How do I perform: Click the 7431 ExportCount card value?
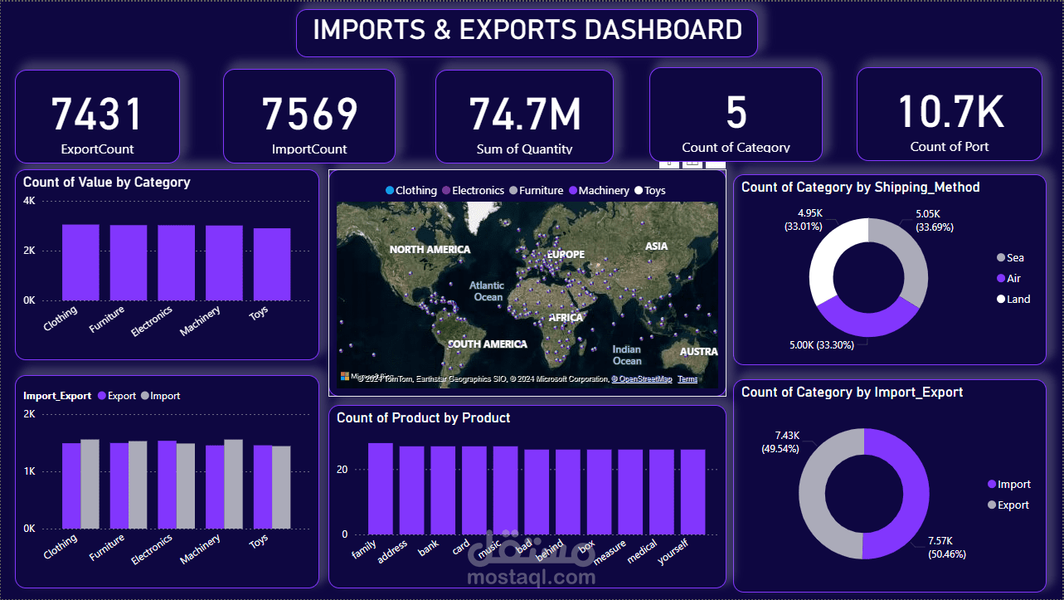97,114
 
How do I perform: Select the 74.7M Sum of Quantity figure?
525,114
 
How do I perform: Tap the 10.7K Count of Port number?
950,111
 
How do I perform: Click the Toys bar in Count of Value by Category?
272,264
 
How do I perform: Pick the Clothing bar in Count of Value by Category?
80,262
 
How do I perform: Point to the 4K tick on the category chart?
29,201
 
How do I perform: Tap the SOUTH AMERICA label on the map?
487,344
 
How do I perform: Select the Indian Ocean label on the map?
627,355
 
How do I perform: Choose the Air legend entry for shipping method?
1013,279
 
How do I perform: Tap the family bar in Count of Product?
381,489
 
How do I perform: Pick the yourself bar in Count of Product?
692,492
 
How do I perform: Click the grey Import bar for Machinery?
234,484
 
